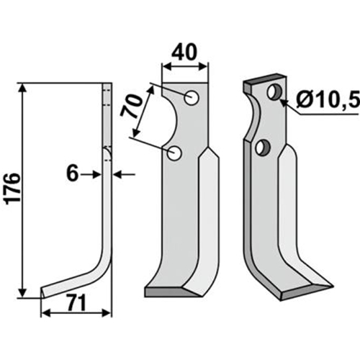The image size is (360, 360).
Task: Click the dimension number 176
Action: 14,189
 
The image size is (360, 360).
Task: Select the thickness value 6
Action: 72,174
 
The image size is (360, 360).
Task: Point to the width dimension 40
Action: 184,53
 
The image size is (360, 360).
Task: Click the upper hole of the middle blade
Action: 192,97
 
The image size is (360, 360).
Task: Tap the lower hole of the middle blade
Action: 174,153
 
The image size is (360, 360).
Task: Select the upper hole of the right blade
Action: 274,92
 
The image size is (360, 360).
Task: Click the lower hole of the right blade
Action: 262,148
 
